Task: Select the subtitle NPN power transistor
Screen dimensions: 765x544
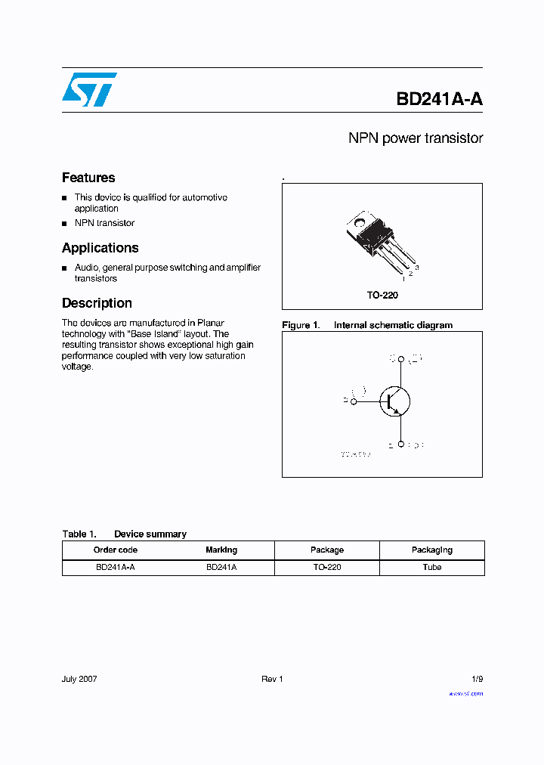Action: pyautogui.click(x=415, y=138)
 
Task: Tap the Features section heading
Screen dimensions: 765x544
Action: pyautogui.click(x=88, y=178)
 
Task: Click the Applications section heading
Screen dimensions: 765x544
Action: pyautogui.click(x=100, y=248)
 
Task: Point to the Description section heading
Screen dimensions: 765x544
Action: pyautogui.click(x=97, y=303)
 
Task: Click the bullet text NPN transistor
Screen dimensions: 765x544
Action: pyautogui.click(x=104, y=223)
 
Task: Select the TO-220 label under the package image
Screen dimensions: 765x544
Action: pyautogui.click(x=382, y=296)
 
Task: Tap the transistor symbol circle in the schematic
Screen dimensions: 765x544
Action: pyautogui.click(x=394, y=401)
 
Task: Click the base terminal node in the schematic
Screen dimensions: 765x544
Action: pyautogui.click(x=354, y=401)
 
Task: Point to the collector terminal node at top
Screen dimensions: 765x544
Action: pyautogui.click(x=401, y=359)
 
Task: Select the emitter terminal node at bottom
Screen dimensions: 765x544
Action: pyautogui.click(x=401, y=444)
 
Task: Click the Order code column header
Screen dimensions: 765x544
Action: pyautogui.click(x=115, y=550)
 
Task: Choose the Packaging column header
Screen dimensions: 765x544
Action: pyautogui.click(x=431, y=550)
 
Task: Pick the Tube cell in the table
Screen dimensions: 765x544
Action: pyautogui.click(x=431, y=567)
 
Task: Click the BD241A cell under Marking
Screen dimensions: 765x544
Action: pyautogui.click(x=221, y=567)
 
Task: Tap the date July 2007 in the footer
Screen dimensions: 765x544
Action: pyautogui.click(x=79, y=679)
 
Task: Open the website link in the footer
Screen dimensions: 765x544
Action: pyautogui.click(x=465, y=693)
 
